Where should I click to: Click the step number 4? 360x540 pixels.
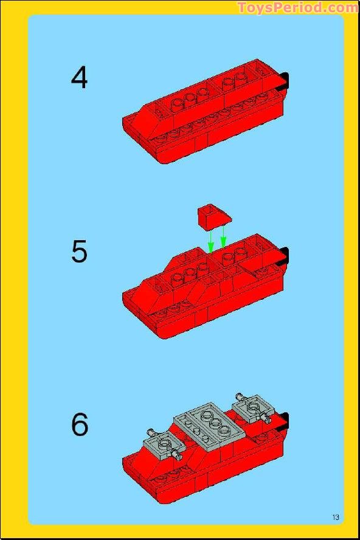point(79,78)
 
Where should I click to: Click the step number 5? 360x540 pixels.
point(79,252)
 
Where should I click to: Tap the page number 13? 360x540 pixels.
point(336,517)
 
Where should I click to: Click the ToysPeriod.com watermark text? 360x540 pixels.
point(297,7)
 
